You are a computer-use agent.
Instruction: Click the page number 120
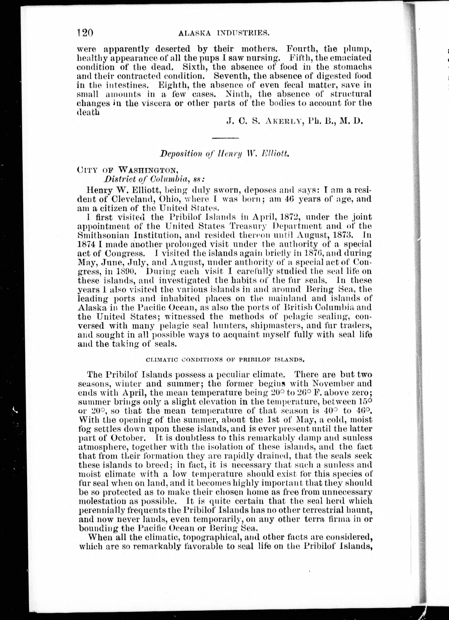pyautogui.click(x=85, y=33)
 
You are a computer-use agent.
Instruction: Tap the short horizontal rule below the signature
pyautogui.click(x=225, y=138)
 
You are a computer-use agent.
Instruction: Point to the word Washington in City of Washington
pyautogui.click(x=149, y=170)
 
